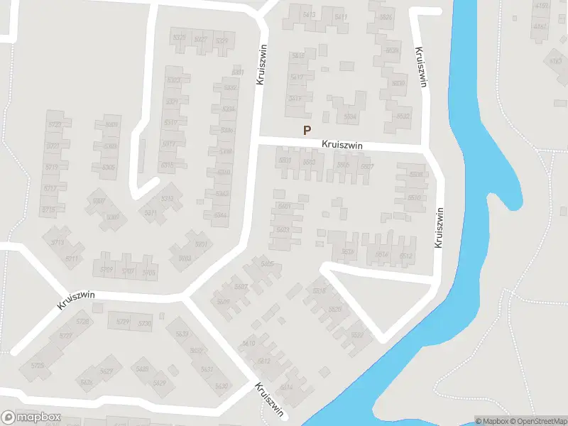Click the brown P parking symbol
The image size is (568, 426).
[307, 130]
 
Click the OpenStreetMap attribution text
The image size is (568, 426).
[537, 421]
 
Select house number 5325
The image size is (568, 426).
[180, 38]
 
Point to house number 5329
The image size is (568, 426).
[222, 41]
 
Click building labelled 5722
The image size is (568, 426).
[53, 125]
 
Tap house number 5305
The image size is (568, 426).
[109, 168]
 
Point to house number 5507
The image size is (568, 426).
[367, 167]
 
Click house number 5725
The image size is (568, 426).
[38, 366]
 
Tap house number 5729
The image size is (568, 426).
[124, 323]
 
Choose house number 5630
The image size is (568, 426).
[222, 386]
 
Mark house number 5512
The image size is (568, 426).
[405, 256]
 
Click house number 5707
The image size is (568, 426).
[128, 271]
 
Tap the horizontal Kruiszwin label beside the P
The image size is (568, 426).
[342, 145]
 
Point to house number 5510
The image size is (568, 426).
[415, 197]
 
